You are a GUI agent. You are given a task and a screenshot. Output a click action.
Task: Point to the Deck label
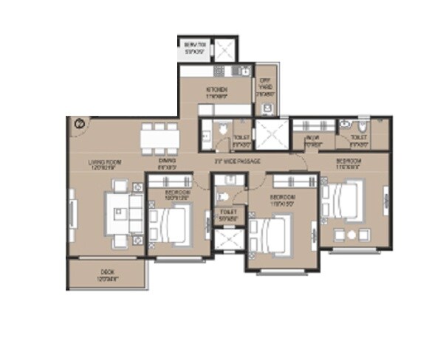(x=109, y=277)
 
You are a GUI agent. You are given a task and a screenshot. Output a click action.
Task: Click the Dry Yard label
(x=265, y=89)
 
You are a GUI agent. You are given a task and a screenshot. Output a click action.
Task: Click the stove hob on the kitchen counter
(x=219, y=72)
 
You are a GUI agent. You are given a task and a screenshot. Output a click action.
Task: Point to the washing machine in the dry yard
(x=267, y=108)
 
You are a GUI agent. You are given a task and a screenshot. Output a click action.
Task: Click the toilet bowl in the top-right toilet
(x=344, y=125)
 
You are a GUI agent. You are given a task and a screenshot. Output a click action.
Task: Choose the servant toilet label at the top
(x=194, y=48)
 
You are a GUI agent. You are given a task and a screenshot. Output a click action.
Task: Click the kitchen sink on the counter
(x=239, y=72)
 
